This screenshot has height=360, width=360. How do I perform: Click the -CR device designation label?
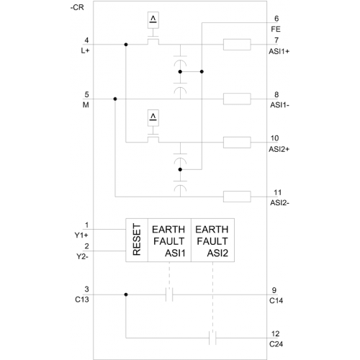tap(77, 8)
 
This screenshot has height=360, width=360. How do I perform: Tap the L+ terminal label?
tap(85, 50)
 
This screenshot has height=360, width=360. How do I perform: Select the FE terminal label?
tap(276, 30)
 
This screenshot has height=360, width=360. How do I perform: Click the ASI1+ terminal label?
tap(279, 51)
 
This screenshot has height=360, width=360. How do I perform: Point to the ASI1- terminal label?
tap(279, 105)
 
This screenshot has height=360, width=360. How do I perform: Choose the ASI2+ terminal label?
tap(279, 149)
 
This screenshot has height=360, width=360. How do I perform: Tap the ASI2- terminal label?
tap(279, 203)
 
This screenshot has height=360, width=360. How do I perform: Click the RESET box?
tap(137, 240)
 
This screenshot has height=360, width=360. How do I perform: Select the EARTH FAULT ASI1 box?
tap(169, 240)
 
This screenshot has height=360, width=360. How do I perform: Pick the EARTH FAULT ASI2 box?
tap(212, 240)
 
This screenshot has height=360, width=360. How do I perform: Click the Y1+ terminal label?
tap(81, 235)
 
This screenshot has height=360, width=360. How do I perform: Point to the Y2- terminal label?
tap(82, 256)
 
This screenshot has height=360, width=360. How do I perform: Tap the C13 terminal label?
tap(82, 300)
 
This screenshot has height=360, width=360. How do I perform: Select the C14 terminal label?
tap(276, 301)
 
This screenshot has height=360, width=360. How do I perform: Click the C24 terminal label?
tap(276, 344)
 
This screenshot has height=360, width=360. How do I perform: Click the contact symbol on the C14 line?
tap(169, 294)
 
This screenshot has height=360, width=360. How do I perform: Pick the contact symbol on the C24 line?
tap(212, 338)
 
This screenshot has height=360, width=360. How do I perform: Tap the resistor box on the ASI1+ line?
tap(237, 45)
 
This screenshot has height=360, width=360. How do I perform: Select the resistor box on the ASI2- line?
tap(237, 197)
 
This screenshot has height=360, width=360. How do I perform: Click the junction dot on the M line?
tap(115, 99)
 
